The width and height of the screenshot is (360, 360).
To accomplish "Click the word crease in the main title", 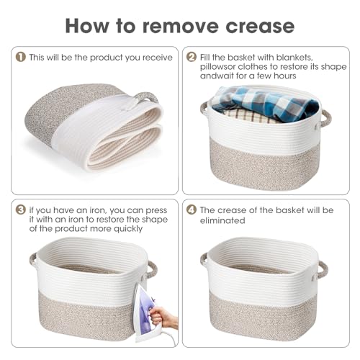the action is click(x=260, y=26).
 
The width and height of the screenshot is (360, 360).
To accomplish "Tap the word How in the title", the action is click(x=87, y=25).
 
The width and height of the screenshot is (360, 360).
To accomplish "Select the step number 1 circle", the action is click(x=21, y=57).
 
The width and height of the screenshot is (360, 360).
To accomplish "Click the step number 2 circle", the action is click(x=192, y=57).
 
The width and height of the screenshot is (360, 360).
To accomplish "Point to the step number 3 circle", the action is click(x=21, y=210).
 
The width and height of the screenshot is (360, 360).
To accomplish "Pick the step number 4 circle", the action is click(x=192, y=210).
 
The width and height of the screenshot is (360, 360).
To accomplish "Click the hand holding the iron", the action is click(x=163, y=318).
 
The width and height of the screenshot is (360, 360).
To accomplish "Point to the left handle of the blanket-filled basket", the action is click(x=204, y=108).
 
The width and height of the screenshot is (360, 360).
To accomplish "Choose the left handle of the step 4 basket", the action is click(x=204, y=261).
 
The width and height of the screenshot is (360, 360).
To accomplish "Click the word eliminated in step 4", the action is click(x=222, y=220).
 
